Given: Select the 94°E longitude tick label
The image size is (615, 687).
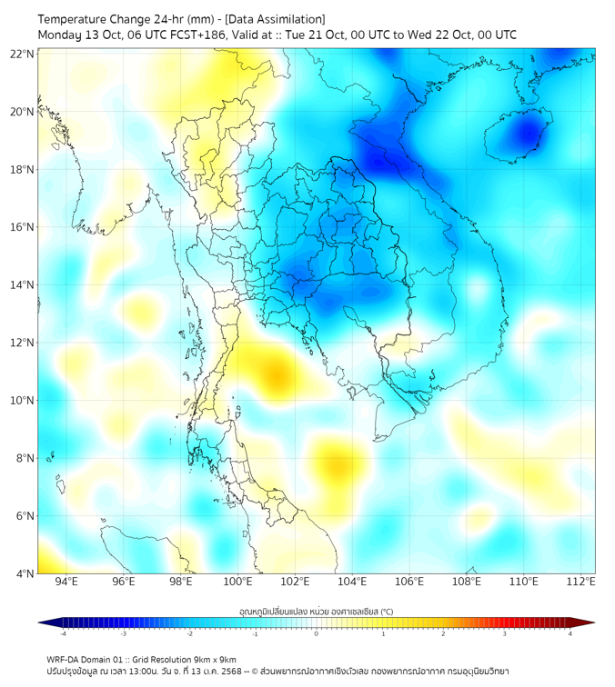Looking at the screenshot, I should (66, 582).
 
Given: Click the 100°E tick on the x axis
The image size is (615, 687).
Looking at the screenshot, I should (237, 582).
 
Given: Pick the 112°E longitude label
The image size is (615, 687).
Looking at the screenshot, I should (581, 582).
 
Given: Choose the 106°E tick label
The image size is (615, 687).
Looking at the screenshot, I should (409, 582).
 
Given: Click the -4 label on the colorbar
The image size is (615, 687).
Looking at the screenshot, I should (62, 634).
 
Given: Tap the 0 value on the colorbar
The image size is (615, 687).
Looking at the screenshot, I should (316, 634).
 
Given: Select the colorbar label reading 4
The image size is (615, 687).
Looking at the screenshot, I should (570, 634).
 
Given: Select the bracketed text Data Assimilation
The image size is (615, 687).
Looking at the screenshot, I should (277, 19).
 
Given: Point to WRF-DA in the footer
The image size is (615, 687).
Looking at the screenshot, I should (65, 659).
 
